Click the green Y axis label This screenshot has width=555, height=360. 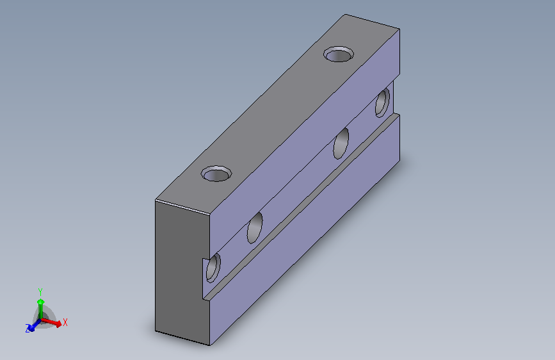[x=40, y=292]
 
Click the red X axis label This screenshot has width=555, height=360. [x=65, y=322]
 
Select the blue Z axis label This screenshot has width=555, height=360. [x=28, y=329]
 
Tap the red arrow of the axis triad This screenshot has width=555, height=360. [x=52, y=322]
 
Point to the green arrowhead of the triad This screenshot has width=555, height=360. [x=41, y=302]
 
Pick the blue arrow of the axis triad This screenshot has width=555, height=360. [x=34, y=325]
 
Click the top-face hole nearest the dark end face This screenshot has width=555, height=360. [x=216, y=174]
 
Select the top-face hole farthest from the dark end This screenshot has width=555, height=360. [x=339, y=54]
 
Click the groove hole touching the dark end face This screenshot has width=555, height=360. [x=213, y=268]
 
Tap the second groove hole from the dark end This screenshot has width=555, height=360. [x=255, y=228]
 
